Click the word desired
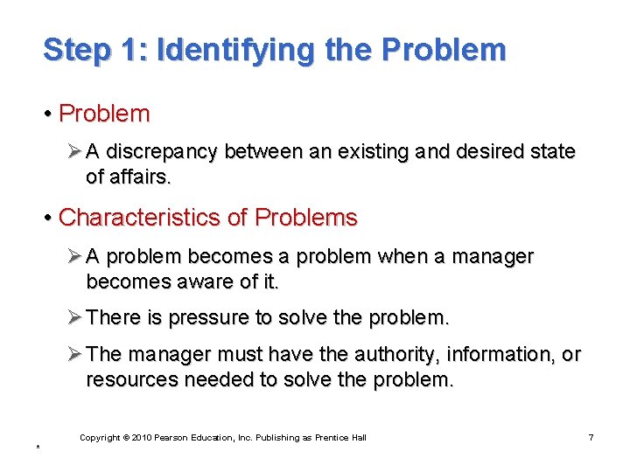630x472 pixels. click(x=487, y=152)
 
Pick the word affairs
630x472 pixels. click(x=140, y=177)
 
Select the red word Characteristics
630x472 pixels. click(x=139, y=217)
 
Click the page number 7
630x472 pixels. click(x=591, y=437)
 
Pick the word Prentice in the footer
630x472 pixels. click(x=335, y=437)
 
